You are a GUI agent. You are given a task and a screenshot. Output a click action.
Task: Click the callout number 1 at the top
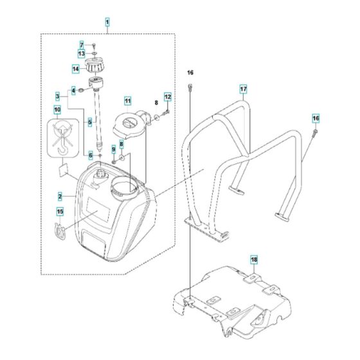(x=107, y=21)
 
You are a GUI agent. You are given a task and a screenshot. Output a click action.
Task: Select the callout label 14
(x=75, y=68)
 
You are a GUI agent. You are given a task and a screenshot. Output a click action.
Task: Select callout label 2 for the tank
(x=59, y=195)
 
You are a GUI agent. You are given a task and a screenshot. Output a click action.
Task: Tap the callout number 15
(x=60, y=212)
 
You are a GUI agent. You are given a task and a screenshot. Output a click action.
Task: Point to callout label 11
(x=127, y=101)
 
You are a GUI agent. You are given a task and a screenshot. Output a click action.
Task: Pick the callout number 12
(x=168, y=97)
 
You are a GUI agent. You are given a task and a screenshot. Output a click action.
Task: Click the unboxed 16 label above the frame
(x=190, y=71)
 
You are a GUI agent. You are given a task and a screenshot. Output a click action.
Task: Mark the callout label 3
(x=57, y=96)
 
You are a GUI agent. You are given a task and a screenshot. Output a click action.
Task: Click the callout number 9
(x=114, y=150)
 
